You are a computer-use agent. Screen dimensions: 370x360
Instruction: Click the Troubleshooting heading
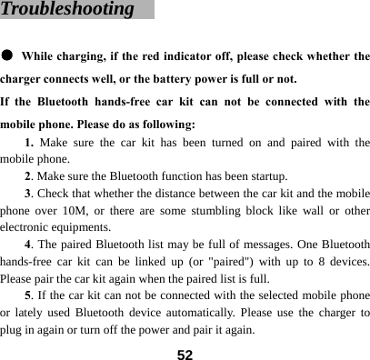[x=68, y=10]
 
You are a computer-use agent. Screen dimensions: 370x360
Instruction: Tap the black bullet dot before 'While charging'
[x=7, y=55]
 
